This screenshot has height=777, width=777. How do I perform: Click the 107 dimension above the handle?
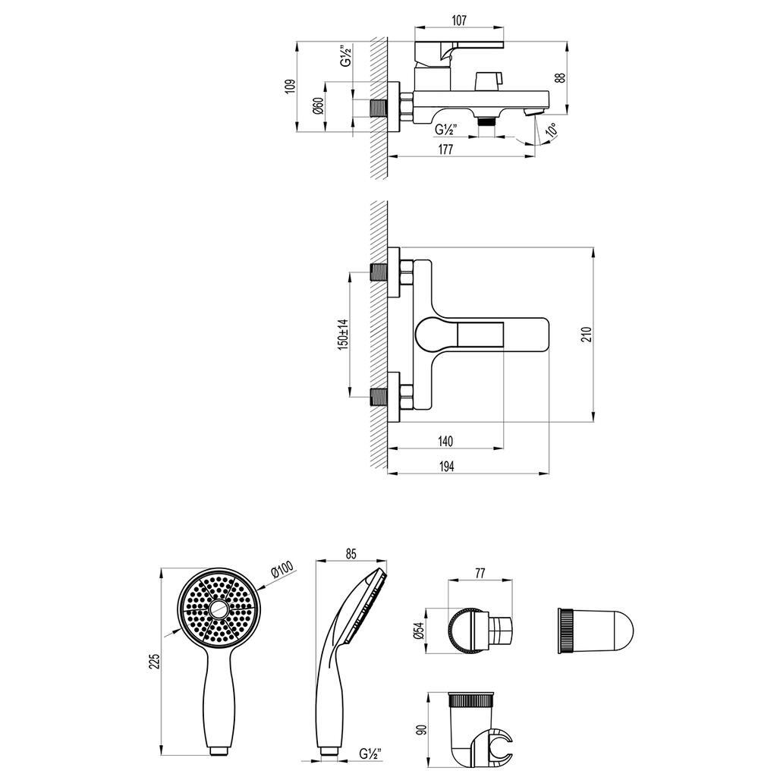(459, 20)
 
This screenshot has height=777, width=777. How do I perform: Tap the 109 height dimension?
(291, 86)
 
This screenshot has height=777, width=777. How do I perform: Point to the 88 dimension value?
(560, 78)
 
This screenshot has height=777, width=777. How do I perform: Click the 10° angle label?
(551, 130)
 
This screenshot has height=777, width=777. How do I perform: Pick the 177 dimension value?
(445, 149)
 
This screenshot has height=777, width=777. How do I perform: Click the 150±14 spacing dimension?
(344, 334)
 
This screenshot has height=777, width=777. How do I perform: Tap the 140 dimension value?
(445, 441)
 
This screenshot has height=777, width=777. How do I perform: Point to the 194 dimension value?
(446, 466)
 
